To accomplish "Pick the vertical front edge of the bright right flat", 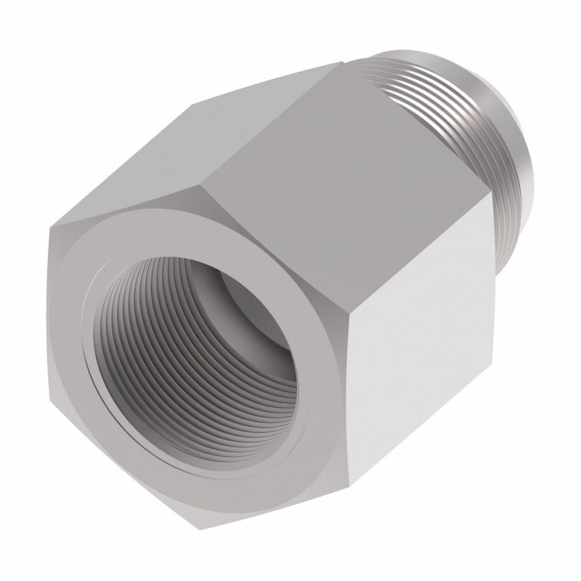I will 357,378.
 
